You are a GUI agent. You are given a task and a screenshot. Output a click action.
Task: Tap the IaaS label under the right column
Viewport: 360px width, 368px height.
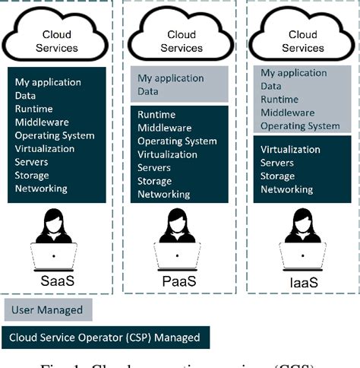(303, 283)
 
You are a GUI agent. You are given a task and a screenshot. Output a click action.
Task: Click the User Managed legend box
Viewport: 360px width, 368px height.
(48, 309)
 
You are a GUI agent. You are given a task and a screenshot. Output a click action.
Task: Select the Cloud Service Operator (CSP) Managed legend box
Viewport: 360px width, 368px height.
(106, 337)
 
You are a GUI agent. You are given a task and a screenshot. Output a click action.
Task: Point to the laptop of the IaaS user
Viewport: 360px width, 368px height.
(303, 256)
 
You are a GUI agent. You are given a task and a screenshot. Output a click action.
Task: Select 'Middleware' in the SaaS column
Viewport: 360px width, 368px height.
(41, 122)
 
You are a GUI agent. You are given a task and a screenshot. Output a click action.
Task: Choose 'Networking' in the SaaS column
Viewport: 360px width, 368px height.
(41, 188)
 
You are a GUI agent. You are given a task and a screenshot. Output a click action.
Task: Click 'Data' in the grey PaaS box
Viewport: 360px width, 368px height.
(148, 91)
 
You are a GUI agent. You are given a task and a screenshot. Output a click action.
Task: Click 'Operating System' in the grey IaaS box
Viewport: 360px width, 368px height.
(300, 125)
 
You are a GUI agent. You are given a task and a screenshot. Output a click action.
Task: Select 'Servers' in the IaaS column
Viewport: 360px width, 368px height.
(278, 163)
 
